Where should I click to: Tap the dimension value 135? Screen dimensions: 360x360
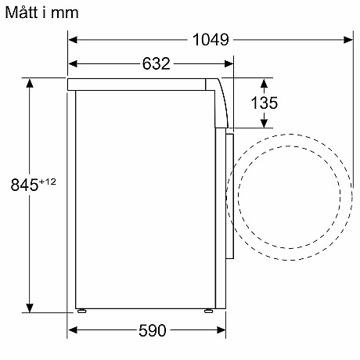(264, 102)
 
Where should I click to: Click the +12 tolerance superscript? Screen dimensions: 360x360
(49, 181)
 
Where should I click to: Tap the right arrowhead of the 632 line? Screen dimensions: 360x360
(227, 63)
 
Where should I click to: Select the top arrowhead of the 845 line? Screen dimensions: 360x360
(29, 81)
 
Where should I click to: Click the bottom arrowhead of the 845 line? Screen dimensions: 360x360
(29, 308)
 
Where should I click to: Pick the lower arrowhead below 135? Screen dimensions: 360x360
(265, 122)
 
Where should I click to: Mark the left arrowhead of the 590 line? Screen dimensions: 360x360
(72, 330)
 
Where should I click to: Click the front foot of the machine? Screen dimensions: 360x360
(207, 310)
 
